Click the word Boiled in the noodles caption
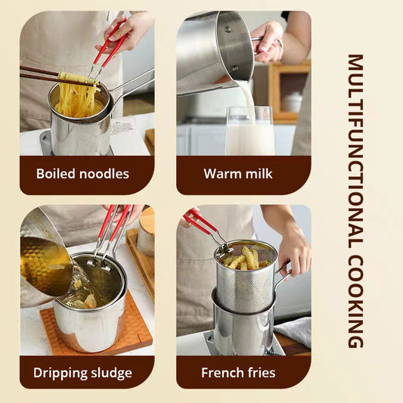coord(57,174)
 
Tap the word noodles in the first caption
coord(104,174)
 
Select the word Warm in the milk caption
coord(221,174)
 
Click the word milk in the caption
coord(259,174)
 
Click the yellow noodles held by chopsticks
coord(76,95)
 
